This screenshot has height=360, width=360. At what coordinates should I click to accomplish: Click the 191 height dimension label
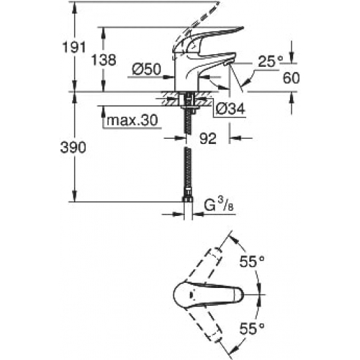pyautogui.click(x=74, y=47)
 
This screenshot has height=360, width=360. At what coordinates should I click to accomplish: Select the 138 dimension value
pyautogui.click(x=104, y=60)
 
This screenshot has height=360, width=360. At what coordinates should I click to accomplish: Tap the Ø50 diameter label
pyautogui.click(x=147, y=69)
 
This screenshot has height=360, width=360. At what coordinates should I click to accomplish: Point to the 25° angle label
pyautogui.click(x=270, y=62)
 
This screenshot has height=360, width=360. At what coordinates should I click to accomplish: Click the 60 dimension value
pyautogui.click(x=291, y=78)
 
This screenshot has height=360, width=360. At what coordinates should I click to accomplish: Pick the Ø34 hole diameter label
pyautogui.click(x=230, y=109)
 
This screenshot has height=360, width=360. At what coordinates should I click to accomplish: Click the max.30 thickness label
pyautogui.click(x=132, y=120)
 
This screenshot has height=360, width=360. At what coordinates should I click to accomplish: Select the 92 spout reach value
pyautogui.click(x=208, y=139)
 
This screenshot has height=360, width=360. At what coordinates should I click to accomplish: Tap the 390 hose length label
pyautogui.click(x=73, y=147)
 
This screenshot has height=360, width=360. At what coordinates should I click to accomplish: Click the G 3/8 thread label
pyautogui.click(x=219, y=205)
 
